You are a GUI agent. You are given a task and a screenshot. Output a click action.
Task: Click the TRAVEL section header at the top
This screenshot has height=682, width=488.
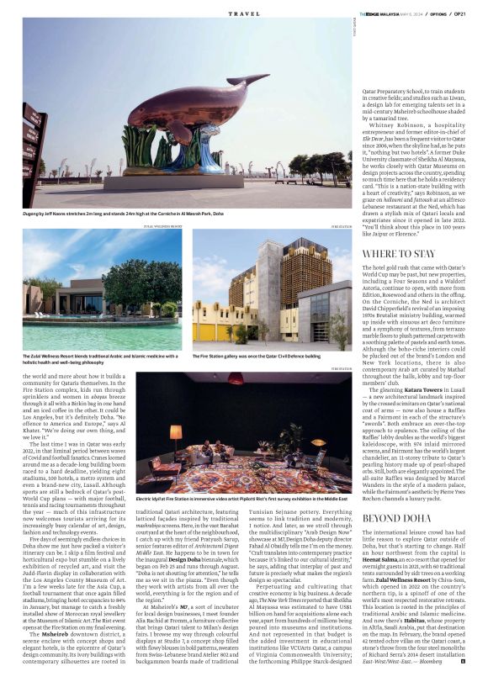pos(244,14)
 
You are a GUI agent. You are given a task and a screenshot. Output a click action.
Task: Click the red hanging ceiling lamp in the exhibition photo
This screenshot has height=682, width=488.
pos(236,379)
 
